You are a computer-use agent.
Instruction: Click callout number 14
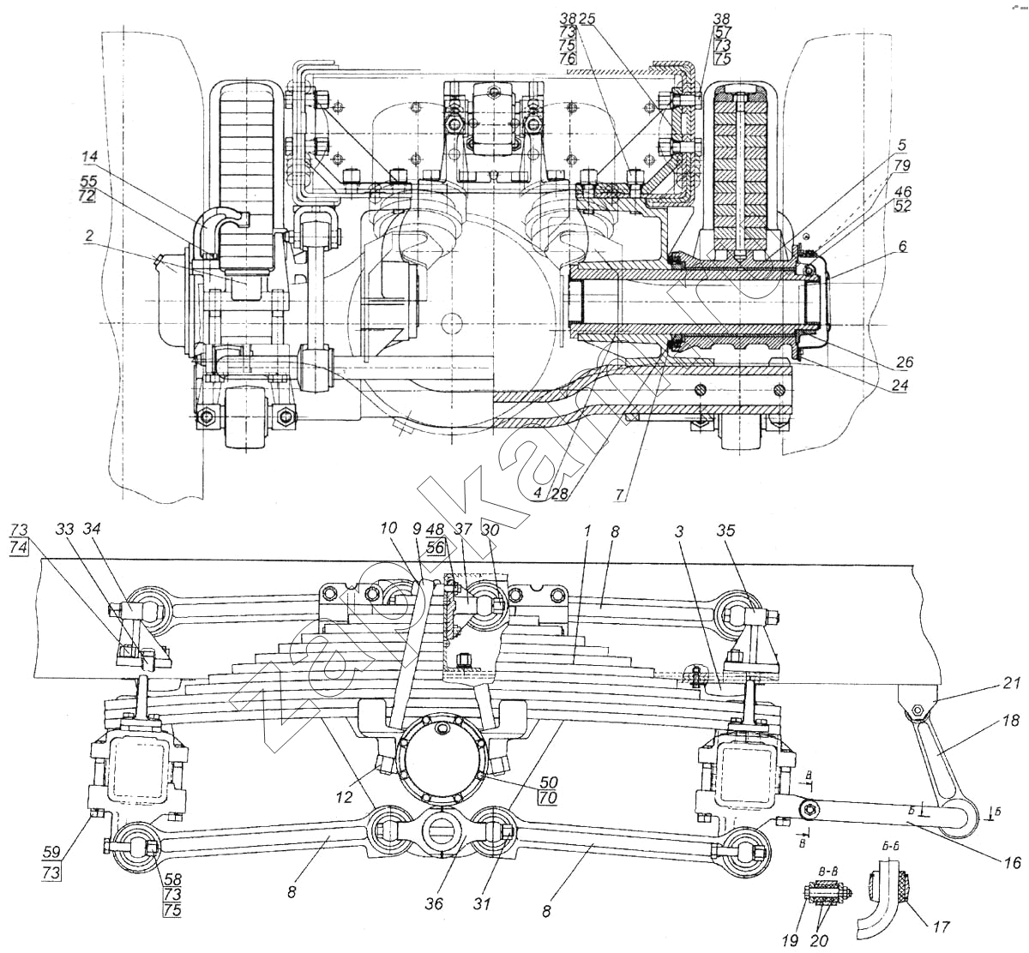click(90, 157)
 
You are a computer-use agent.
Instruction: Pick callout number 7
click(620, 494)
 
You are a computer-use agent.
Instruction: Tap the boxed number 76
click(568, 59)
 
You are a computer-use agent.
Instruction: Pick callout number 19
click(790, 940)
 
